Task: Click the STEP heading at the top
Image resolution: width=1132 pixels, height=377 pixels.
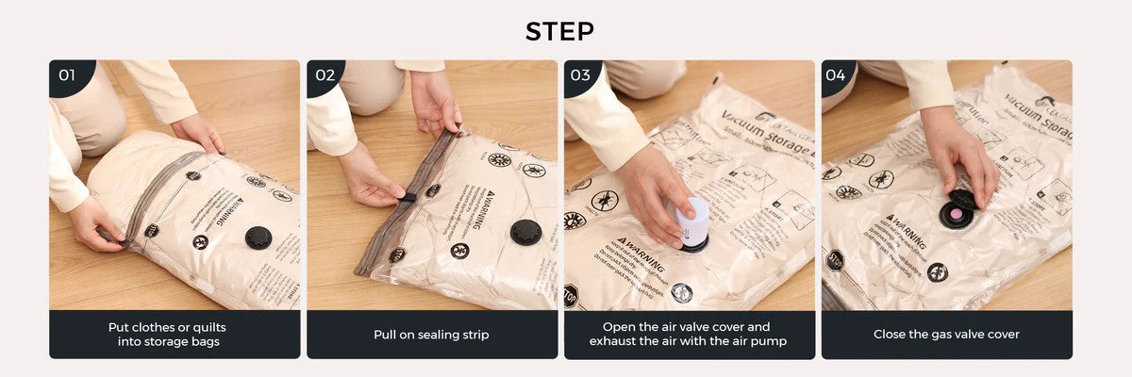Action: click(x=560, y=31)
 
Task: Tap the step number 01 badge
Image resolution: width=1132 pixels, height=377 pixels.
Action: click(x=67, y=75)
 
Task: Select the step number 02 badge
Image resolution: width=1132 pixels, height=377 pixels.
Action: click(x=325, y=75)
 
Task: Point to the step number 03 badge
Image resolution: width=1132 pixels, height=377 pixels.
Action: click(x=581, y=75)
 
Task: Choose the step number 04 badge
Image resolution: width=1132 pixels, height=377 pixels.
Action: click(x=837, y=75)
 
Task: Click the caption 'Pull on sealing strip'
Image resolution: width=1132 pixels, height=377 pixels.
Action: click(x=431, y=335)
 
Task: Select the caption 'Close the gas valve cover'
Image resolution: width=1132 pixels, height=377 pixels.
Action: click(x=946, y=335)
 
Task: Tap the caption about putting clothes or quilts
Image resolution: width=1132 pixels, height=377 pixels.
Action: click(x=175, y=335)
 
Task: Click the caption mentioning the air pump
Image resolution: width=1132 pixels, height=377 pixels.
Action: click(x=689, y=335)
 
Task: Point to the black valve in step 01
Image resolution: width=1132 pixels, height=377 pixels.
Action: click(x=258, y=238)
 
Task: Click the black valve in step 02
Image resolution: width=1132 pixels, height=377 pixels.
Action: click(x=526, y=232)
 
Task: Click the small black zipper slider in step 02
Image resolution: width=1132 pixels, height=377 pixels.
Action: click(x=407, y=197)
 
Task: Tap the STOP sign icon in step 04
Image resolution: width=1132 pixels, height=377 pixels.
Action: click(x=835, y=258)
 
